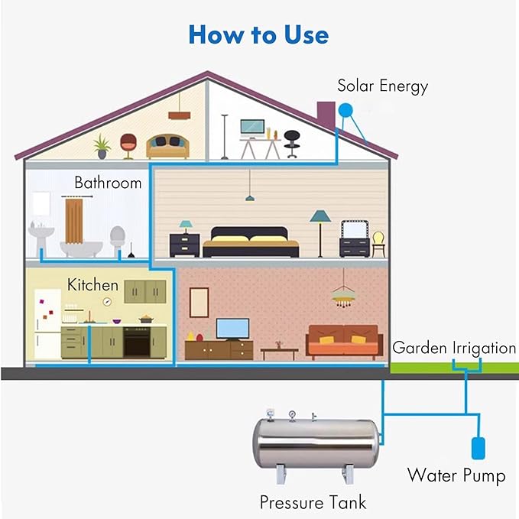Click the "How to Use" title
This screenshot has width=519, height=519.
258,34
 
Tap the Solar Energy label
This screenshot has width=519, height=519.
383,86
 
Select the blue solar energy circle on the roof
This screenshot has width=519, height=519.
345,110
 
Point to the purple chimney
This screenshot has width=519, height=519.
326,115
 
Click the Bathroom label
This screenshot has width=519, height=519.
108,183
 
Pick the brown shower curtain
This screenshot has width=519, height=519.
73,220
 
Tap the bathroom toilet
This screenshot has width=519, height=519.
117,239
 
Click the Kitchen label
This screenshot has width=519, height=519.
92,284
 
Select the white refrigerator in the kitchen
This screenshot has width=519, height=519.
47,324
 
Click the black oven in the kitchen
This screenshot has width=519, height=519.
137,342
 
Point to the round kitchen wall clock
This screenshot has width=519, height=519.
107,301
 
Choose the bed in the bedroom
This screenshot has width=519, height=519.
251,242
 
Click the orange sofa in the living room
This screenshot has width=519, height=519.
344,342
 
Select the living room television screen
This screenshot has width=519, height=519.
232,329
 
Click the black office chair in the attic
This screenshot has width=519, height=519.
292,144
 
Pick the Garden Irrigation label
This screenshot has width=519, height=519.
454,349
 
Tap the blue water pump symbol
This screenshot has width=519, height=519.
478,448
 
